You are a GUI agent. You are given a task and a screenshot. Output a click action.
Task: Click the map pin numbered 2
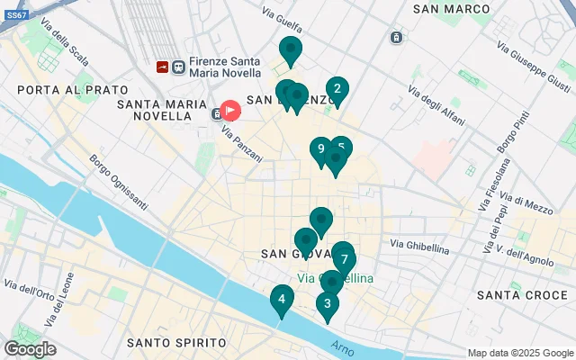tap(337, 89)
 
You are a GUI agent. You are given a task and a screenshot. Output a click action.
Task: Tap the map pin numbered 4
tap(282, 300)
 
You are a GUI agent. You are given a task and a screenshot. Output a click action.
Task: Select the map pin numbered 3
tap(327, 303)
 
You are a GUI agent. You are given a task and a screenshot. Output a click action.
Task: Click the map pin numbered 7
tap(344, 259)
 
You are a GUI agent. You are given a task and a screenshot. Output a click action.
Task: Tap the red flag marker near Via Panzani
tap(230, 111)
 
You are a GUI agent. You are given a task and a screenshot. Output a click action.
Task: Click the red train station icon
tap(162, 66)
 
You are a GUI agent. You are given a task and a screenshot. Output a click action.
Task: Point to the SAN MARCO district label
tap(452, 9)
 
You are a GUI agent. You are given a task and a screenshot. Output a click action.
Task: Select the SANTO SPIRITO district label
tap(176, 343)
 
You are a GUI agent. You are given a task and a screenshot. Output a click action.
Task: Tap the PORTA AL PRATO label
tap(61, 90)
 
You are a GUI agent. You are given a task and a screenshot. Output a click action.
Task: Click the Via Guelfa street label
tap(283, 13)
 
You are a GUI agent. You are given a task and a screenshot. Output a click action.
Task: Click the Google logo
tap(30, 349)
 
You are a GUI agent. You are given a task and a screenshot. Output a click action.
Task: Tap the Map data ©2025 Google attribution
tap(520, 353)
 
